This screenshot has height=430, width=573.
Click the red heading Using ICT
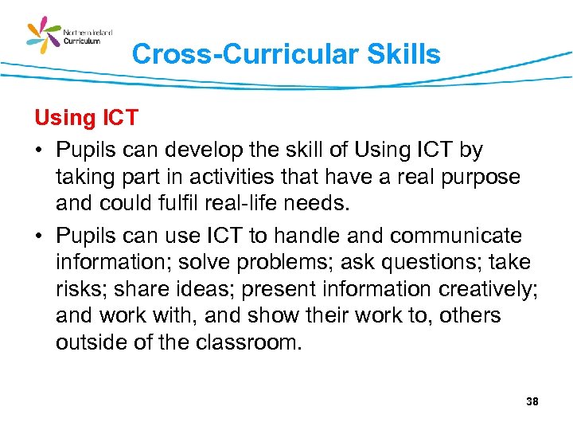click(x=86, y=119)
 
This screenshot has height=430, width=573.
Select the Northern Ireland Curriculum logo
click(x=69, y=36)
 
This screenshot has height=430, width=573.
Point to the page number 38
click(x=532, y=401)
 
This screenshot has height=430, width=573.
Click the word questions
click(x=426, y=263)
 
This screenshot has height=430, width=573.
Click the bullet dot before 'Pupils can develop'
click(x=38, y=150)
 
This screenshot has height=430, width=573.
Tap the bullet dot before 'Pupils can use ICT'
click(x=38, y=236)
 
